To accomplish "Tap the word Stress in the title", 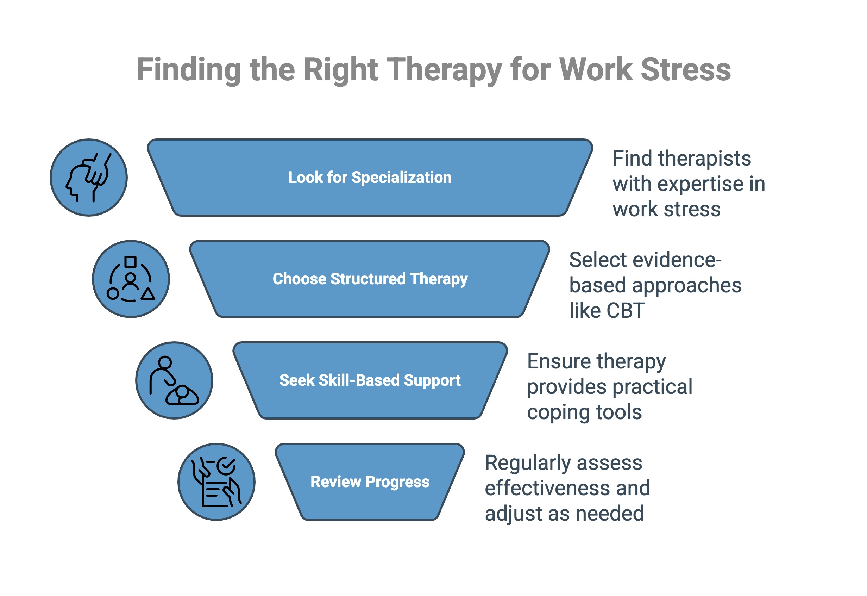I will click(x=686, y=70).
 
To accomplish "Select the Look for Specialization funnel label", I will click(x=370, y=178).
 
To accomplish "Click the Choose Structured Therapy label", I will click(x=370, y=279).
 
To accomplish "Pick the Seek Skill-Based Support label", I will click(x=370, y=380).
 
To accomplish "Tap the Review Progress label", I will click(x=370, y=482).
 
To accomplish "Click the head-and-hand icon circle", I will click(x=89, y=178).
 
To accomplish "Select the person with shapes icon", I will click(x=131, y=279).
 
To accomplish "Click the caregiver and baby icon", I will click(x=174, y=380).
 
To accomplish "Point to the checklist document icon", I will click(x=216, y=482).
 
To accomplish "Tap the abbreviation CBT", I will click(x=625, y=310).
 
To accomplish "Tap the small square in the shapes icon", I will click(x=130, y=262).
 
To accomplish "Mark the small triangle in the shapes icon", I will click(x=148, y=294).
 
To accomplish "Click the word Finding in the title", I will click(x=189, y=70).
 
